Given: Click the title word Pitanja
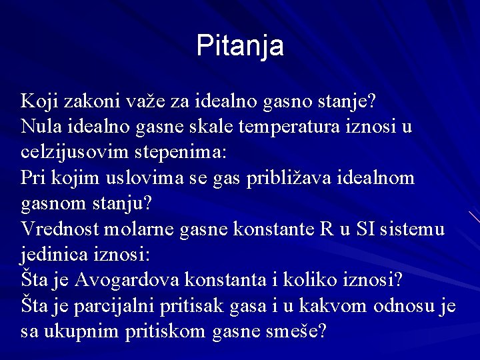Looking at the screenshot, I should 240,45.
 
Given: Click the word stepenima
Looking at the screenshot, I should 183,152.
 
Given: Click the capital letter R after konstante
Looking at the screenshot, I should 327,229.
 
